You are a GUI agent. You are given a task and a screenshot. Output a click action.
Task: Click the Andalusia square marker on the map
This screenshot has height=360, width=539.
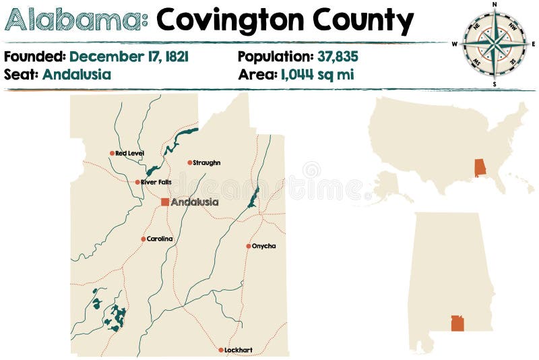(165, 202)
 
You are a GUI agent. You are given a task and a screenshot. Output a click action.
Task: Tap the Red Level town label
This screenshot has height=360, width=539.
(129, 154)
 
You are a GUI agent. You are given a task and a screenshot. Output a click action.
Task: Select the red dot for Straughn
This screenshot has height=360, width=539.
(189, 162)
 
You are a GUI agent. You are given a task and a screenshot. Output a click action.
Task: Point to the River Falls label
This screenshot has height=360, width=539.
(155, 183)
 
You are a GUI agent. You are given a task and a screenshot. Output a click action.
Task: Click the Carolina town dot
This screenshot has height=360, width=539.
(143, 239)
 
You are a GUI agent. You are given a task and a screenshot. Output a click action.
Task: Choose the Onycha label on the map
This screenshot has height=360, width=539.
(263, 246)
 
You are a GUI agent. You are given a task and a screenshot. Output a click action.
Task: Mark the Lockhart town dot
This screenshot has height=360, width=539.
(221, 350)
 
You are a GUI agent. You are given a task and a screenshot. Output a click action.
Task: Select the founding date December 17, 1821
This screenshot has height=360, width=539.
(129, 57)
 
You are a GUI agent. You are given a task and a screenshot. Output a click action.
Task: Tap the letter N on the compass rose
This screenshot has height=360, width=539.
(495, 5)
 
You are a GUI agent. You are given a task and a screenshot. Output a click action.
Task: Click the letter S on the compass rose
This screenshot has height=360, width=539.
(495, 84)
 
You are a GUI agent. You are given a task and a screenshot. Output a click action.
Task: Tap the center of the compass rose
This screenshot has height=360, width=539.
(495, 44)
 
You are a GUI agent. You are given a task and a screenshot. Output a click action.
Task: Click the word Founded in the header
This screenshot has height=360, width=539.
(34, 57)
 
